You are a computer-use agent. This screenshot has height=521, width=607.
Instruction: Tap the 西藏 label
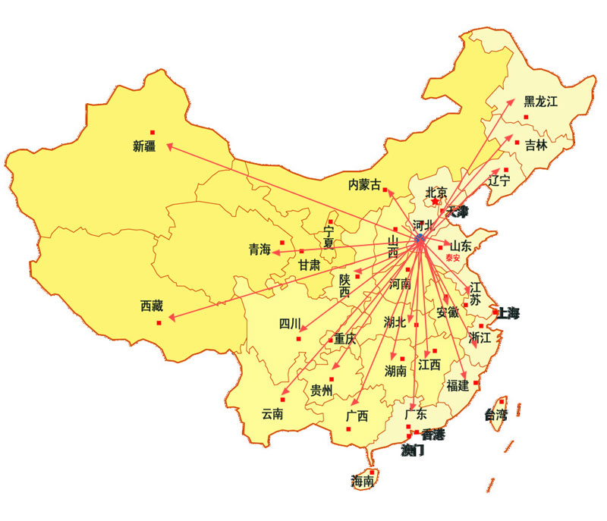coord(152,306)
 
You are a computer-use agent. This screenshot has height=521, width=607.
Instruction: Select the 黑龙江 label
coord(540,102)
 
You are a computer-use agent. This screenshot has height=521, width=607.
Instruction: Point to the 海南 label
coord(362,481)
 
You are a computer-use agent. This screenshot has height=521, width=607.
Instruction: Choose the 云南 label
coord(272,414)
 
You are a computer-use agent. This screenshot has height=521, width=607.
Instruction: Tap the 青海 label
coord(259,250)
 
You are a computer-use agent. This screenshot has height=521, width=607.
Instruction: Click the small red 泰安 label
coord(453,258)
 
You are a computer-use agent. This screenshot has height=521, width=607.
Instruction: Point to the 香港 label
coord(433,435)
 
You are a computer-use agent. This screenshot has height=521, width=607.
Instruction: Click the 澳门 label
coord(413,450)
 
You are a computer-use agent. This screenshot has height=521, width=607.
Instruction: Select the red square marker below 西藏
coord(159,323)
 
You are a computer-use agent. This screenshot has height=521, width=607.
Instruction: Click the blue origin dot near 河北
coord(420,239)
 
